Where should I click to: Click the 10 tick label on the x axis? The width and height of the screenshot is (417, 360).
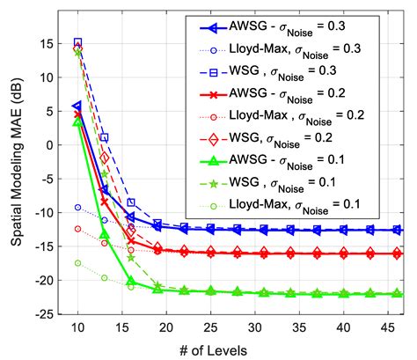click(77, 328)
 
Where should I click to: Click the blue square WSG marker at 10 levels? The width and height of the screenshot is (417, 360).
click(77, 42)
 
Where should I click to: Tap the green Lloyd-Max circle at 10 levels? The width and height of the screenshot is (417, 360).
click(77, 263)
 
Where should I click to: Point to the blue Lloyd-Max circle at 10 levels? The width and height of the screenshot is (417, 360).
click(77, 208)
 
